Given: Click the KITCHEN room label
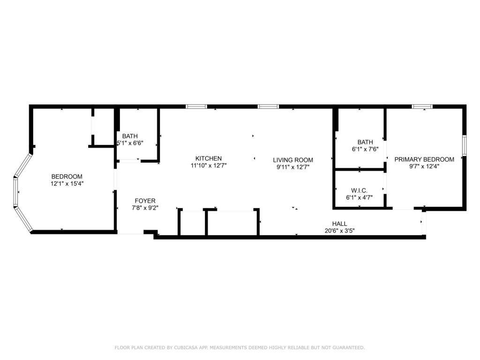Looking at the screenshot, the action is pos(209,158).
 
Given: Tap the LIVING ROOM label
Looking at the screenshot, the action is pos(293,160).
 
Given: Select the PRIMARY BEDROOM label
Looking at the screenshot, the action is pos(424,159).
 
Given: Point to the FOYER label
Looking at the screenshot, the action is pos(145,201).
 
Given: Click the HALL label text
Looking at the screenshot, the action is pos(339,224).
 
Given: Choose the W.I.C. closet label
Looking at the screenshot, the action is pos(359,191).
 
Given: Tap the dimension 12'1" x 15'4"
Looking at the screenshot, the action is pos(67,184).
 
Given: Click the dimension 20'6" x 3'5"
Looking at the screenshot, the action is pos(339,231).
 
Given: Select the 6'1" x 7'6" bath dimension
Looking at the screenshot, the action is pos(365,150).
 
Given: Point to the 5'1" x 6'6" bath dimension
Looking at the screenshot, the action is pos(130,143).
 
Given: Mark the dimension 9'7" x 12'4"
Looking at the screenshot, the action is pos(424,166).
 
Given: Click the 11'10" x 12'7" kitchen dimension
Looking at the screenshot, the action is pos(209,165).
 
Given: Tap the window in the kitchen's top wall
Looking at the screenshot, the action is pos(196,106).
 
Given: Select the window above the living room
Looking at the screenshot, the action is pos(269,106).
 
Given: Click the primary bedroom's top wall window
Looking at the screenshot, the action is pos(422,106).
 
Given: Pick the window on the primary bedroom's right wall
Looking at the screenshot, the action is pos(465,146).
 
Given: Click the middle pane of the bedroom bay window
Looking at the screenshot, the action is pos(15,192).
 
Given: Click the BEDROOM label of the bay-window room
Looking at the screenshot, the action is pos(67,177).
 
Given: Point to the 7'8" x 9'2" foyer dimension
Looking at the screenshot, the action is pos(145,208).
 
